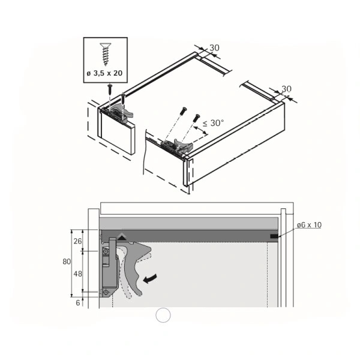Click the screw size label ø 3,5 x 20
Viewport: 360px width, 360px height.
[x=104, y=73]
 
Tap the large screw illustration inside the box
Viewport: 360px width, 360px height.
[x=106, y=54]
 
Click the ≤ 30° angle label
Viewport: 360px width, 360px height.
[x=213, y=123]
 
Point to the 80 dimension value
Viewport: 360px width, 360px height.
[x=67, y=262]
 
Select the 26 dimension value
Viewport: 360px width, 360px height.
[x=77, y=241]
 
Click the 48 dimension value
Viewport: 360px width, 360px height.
[x=77, y=274]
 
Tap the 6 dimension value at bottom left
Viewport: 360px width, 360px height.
[x=78, y=303]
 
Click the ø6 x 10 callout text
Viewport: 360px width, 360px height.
[x=309, y=225]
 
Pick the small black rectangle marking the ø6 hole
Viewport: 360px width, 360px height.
[x=274, y=236]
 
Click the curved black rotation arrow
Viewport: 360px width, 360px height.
[x=150, y=278]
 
